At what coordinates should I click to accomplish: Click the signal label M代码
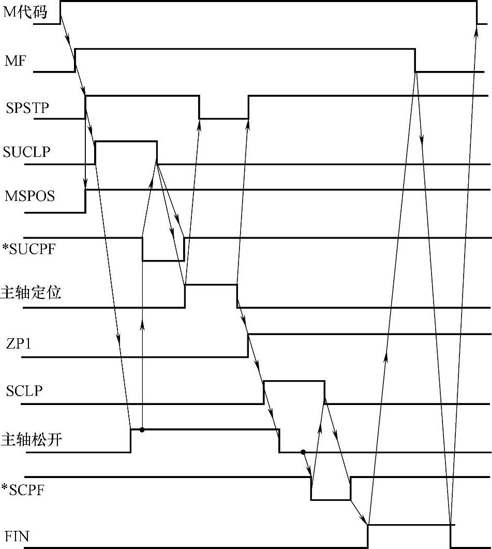(x=25, y=12)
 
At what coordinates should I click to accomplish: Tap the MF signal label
(x=15, y=62)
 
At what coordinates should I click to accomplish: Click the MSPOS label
(x=29, y=197)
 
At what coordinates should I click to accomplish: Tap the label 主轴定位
(x=32, y=293)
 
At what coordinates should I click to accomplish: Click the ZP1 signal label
(x=19, y=343)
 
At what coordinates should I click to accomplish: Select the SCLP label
(x=24, y=391)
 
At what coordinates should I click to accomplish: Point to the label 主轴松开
(x=32, y=440)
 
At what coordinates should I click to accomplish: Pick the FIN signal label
(x=17, y=537)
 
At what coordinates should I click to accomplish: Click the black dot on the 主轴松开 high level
(x=142, y=429)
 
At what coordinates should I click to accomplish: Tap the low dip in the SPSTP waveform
(x=223, y=118)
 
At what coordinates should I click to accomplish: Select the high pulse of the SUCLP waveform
(x=126, y=141)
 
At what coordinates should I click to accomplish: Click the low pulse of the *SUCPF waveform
(x=163, y=260)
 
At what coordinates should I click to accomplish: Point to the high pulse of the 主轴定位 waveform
(x=211, y=285)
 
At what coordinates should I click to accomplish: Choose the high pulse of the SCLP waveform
(x=294, y=382)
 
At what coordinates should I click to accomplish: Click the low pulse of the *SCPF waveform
(x=331, y=499)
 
